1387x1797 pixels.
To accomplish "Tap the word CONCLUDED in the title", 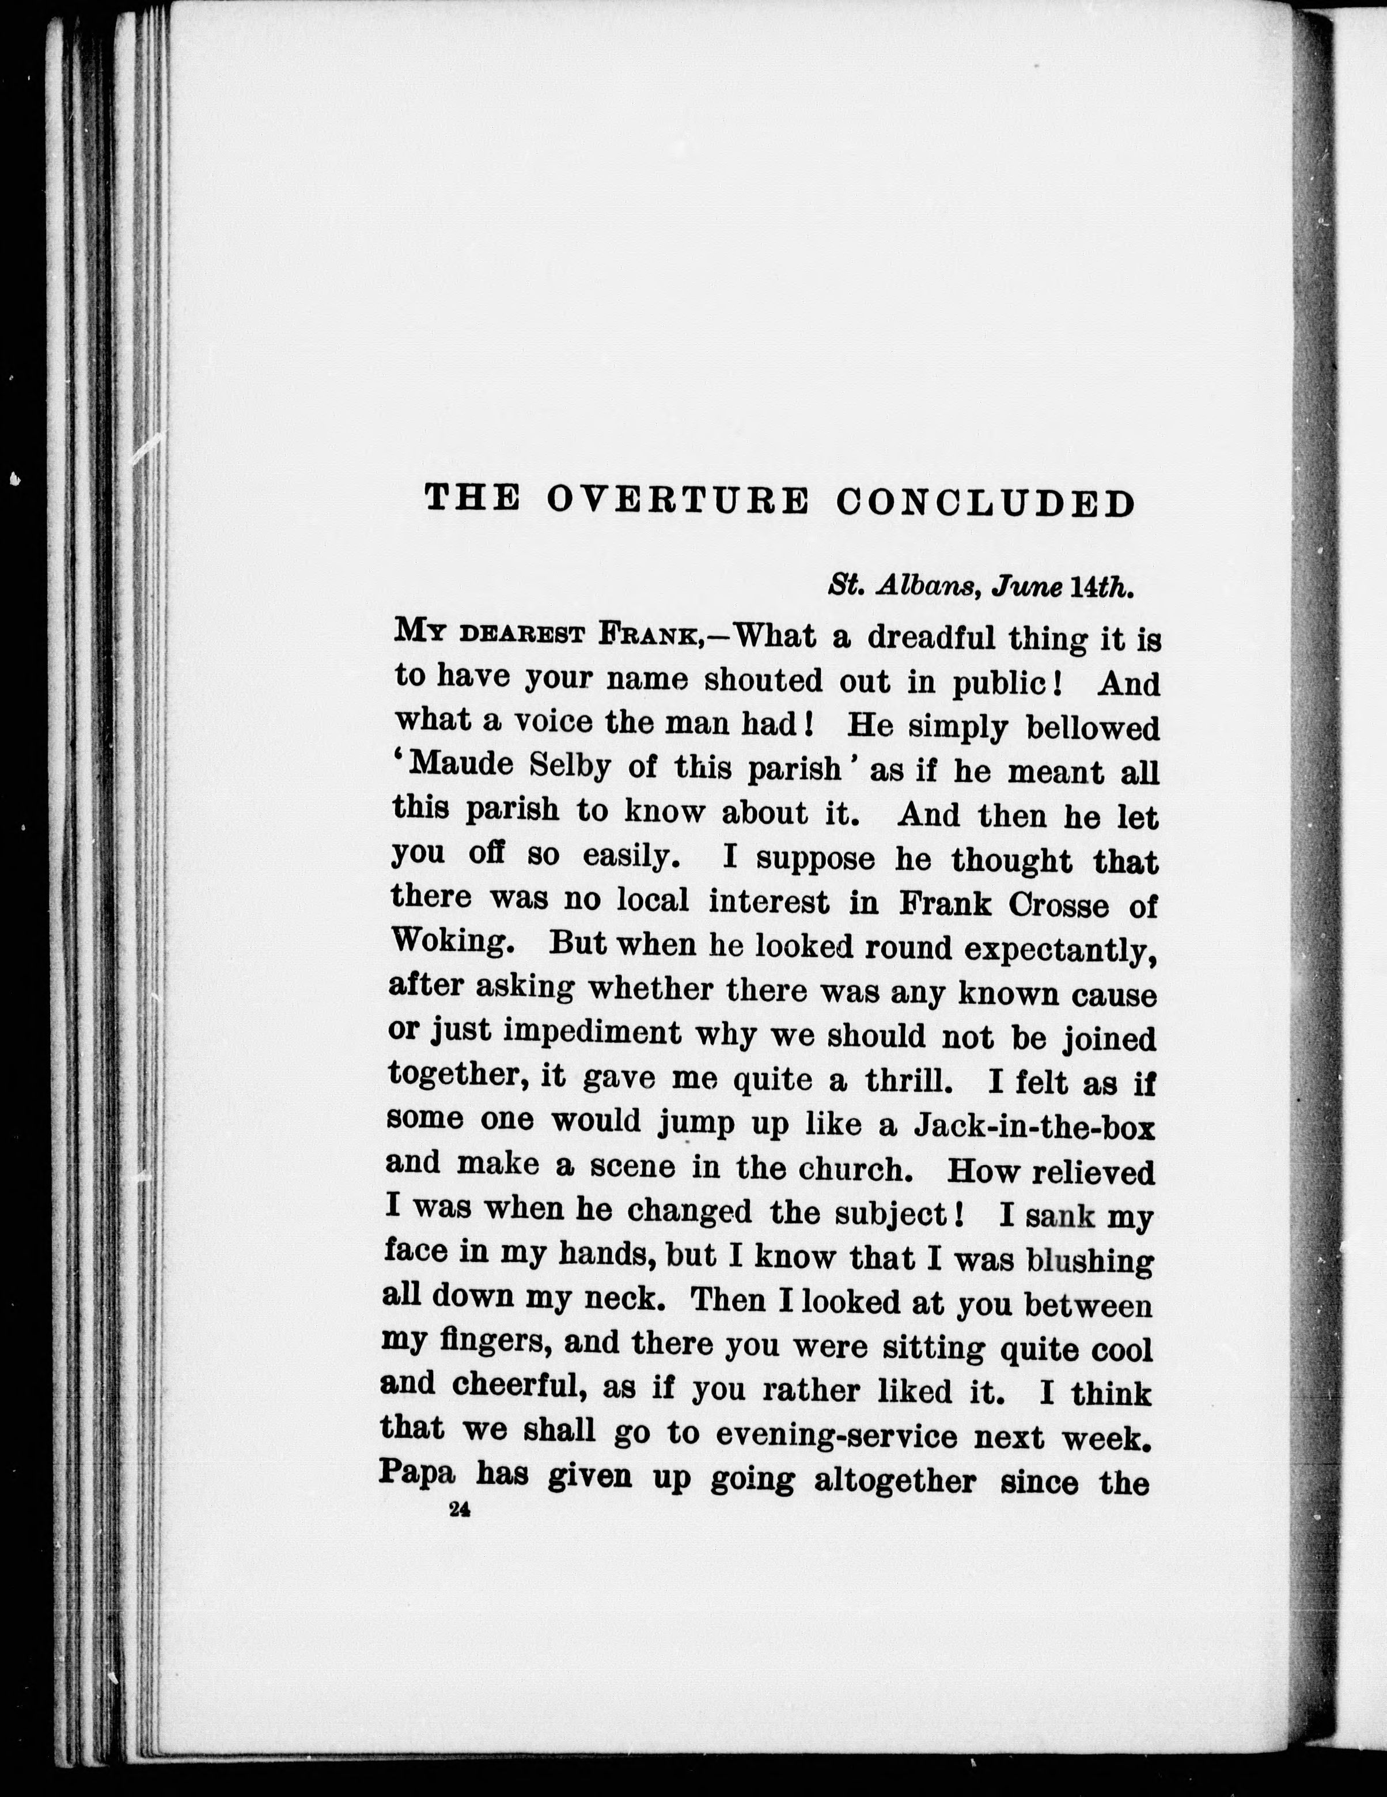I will [x=985, y=503].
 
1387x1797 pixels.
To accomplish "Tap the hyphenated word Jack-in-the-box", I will [x=1034, y=1125].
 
